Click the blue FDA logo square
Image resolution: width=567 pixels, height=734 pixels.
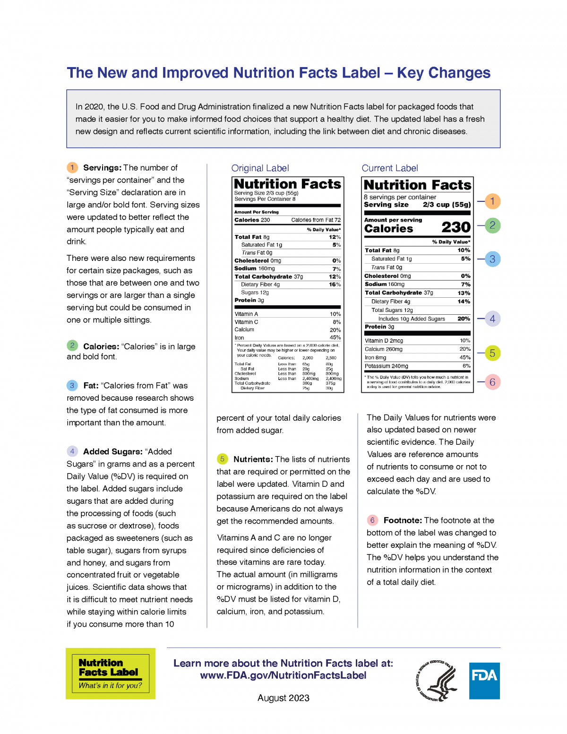coord(484,681)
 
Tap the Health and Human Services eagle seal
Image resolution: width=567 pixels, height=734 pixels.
coord(438,681)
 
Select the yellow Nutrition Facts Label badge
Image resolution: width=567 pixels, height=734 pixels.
coord(111,674)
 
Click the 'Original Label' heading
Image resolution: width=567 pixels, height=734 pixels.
coord(260,168)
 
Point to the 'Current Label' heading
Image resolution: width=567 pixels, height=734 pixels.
coord(389,168)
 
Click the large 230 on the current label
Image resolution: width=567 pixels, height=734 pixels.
coord(455,227)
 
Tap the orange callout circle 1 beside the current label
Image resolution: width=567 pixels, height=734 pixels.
coord(492,201)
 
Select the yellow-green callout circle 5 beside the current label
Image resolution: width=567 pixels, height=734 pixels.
coord(492,353)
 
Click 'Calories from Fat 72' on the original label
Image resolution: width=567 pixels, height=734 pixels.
coord(316,220)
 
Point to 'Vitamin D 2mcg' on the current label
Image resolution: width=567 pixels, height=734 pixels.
coord(384,341)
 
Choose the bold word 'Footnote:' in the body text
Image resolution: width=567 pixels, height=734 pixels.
coord(403,520)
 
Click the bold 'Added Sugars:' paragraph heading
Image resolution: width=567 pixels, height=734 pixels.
coord(113,451)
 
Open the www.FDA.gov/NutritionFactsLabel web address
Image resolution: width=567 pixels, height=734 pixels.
coord(283,675)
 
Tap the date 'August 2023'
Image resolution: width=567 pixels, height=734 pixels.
coord(283,698)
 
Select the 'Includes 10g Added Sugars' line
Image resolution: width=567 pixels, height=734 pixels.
coord(412,319)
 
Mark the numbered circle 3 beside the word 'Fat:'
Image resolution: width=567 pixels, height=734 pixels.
coord(72,386)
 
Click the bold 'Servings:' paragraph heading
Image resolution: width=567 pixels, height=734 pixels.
coord(102,168)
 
